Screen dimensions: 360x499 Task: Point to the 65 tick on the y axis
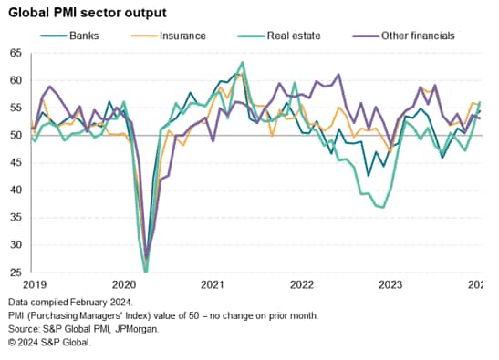(16, 55)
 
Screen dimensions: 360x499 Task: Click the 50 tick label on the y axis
(16, 136)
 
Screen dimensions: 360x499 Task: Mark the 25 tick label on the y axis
(16, 272)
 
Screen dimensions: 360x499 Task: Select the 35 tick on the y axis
(16, 218)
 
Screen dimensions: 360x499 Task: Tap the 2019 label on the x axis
(34, 284)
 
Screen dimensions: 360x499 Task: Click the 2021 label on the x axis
(213, 284)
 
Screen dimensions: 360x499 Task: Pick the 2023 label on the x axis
(391, 284)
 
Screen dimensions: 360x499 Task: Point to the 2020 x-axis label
(123, 284)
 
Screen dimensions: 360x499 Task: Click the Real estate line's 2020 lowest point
(146, 271)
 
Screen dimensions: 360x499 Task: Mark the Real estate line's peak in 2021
(242, 62)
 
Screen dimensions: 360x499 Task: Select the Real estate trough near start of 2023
(383, 207)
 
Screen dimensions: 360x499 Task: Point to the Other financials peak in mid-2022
(338, 75)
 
